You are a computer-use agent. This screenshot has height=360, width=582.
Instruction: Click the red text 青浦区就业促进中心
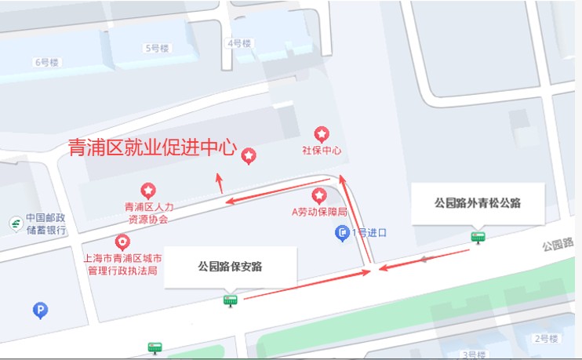[152, 147]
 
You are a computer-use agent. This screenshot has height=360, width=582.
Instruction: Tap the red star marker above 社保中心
[322, 134]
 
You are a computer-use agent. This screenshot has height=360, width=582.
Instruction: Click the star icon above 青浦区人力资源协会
[147, 191]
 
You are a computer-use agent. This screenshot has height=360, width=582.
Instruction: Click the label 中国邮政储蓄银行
[46, 224]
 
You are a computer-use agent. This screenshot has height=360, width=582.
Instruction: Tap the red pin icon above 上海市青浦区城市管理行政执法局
[122, 242]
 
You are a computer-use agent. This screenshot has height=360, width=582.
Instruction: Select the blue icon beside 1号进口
[342, 232]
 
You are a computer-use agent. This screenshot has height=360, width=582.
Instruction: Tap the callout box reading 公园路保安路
[230, 266]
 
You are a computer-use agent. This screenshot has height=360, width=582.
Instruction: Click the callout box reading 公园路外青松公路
[478, 203]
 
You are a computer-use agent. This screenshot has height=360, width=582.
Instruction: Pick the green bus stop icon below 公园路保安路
[230, 300]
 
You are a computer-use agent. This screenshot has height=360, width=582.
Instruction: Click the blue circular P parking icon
[40, 311]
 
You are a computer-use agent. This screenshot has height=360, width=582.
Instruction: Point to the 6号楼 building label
[46, 62]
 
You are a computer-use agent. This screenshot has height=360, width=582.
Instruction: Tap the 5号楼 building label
[157, 48]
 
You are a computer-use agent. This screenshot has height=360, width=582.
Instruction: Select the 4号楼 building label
[238, 43]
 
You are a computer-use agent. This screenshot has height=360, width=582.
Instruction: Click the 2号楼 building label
[545, 339]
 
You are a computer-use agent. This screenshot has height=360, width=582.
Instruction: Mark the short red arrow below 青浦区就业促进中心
[220, 183]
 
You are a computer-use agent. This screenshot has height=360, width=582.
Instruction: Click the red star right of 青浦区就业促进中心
[248, 156]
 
